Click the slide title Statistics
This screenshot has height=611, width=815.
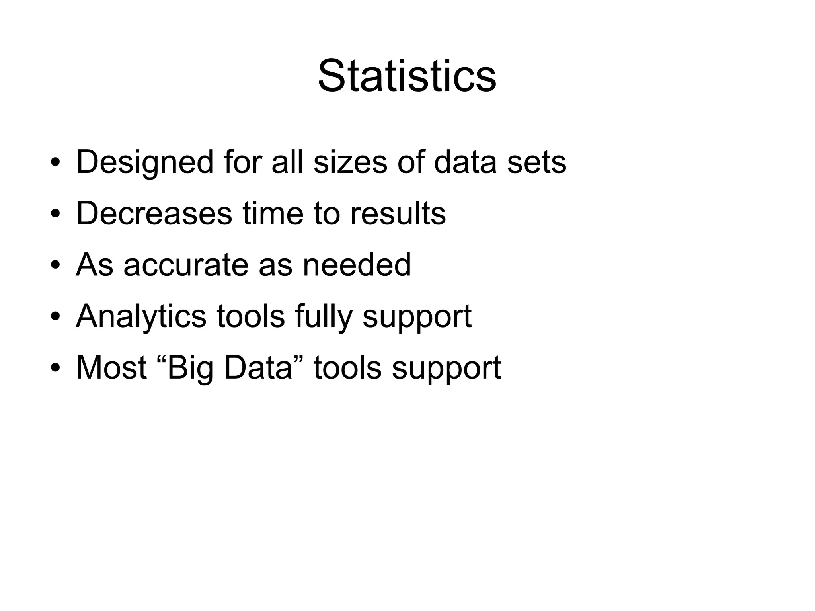[x=407, y=76]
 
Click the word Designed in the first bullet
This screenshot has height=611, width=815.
[x=145, y=162]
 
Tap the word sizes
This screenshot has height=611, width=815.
[x=350, y=162]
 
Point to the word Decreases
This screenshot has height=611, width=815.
[x=154, y=213]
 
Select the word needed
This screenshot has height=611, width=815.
[x=357, y=265]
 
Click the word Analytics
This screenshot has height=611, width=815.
[x=141, y=316]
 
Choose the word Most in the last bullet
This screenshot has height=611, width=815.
[x=111, y=367]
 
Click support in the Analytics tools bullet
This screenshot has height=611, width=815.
[x=417, y=316]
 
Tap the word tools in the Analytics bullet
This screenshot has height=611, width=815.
[x=251, y=316]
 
